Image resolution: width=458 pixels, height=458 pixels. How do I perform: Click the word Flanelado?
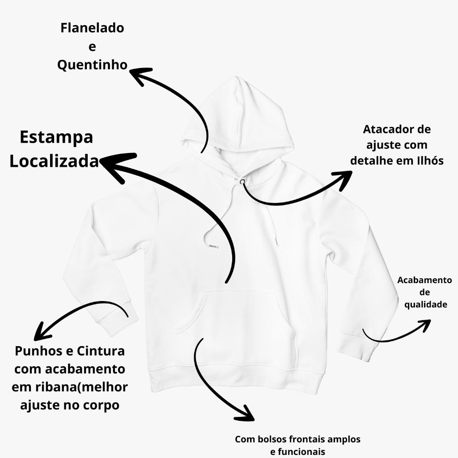pyautogui.click(x=92, y=28)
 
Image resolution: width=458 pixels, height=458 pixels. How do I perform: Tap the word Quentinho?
pyautogui.click(x=92, y=65)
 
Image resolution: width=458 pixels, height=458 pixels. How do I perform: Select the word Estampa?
pyautogui.click(x=56, y=138)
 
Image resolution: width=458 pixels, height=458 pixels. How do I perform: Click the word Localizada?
pyautogui.click(x=54, y=161)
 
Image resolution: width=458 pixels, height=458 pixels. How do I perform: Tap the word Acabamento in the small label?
pyautogui.click(x=424, y=280)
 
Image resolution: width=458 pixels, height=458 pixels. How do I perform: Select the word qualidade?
pyautogui.click(x=426, y=305)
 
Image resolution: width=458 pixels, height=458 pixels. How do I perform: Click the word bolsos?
pyautogui.click(x=272, y=439)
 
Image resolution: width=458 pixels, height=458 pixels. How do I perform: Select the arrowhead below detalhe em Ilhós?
pyautogui.click(x=344, y=179)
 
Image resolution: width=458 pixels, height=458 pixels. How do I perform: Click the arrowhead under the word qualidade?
pyautogui.click(x=425, y=325)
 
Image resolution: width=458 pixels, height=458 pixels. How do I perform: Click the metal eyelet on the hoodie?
pyautogui.click(x=242, y=182)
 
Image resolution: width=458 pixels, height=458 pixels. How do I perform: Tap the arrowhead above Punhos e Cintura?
pyautogui.click(x=41, y=333)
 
